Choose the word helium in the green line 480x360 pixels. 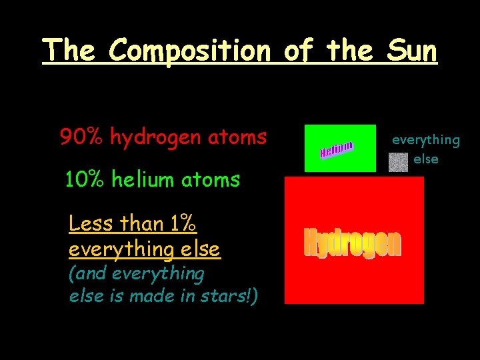[x=141, y=179]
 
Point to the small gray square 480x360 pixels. [x=398, y=163]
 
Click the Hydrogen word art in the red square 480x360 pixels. [x=353, y=243]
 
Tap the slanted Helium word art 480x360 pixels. [x=336, y=149]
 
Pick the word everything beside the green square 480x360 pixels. [x=425, y=140]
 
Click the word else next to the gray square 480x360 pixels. [x=425, y=159]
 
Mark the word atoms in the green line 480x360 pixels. [x=210, y=179]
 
